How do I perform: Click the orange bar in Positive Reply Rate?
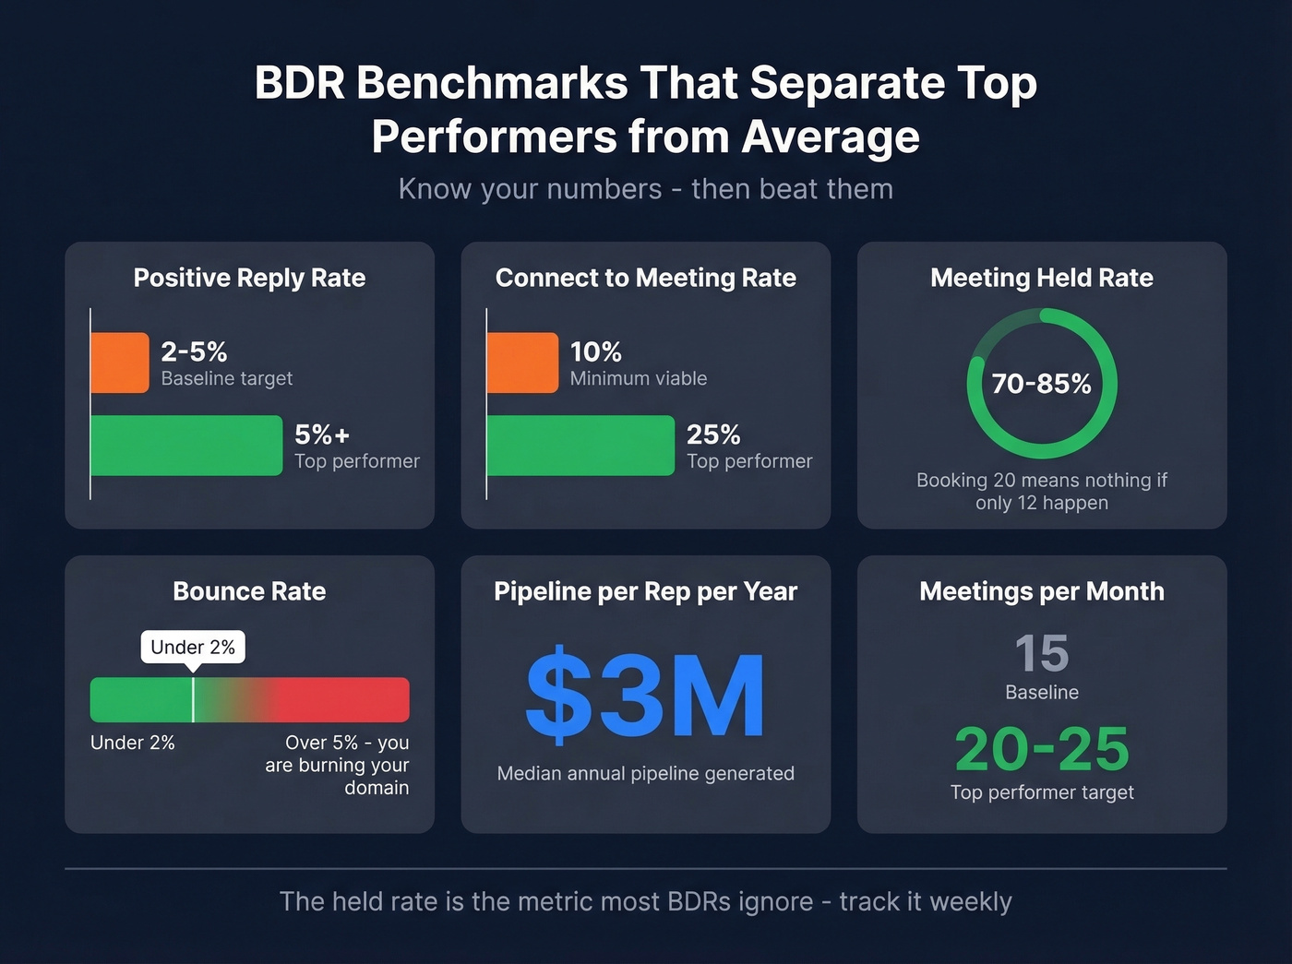tap(120, 363)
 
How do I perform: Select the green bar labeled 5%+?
tap(186, 446)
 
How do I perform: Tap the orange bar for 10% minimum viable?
tap(522, 363)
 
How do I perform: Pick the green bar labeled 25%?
tap(580, 446)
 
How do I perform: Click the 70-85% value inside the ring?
tap(1041, 384)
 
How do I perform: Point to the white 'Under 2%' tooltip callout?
tap(193, 647)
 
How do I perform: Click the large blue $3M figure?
tap(645, 696)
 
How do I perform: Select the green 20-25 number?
tap(1042, 749)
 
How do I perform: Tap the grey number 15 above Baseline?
tap(1042, 653)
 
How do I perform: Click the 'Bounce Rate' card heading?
tap(249, 591)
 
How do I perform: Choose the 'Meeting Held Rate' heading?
tap(1042, 278)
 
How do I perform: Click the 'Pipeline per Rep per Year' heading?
tap(645, 591)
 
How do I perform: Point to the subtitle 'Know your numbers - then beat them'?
tap(645, 189)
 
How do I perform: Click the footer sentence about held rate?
tap(645, 901)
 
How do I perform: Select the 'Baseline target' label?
tap(226, 378)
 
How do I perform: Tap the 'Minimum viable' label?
tap(639, 378)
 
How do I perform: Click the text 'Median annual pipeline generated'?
tap(645, 773)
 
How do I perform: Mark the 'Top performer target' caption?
tap(1042, 792)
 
